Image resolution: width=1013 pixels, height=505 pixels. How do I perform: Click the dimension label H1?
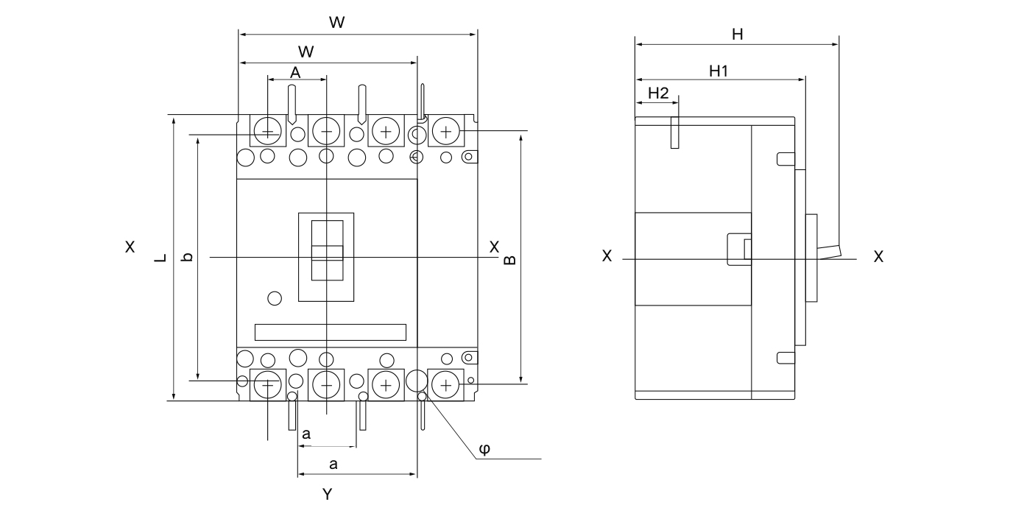719,71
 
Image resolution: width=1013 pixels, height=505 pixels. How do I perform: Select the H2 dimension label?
658,93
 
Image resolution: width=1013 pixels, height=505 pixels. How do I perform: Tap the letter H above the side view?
737,34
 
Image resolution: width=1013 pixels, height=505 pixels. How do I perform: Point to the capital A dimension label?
295,72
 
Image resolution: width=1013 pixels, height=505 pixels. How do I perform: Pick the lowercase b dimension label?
188,257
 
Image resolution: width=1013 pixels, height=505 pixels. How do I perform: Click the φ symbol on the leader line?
484,448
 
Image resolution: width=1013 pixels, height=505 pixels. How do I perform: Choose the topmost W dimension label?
337,23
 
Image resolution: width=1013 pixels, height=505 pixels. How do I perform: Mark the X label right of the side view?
878,257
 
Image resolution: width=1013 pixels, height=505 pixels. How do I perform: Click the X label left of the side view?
607,256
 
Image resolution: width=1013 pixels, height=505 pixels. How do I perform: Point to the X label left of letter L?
130,247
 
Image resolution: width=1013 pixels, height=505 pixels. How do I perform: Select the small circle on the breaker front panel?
274,298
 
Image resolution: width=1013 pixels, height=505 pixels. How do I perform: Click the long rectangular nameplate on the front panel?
330,332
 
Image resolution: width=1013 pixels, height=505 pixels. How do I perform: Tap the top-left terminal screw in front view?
268,133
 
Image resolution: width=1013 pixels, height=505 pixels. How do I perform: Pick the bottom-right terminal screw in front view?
445,384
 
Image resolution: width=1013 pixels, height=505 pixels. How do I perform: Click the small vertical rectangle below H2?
674,133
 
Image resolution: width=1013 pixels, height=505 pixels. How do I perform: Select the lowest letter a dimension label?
333,464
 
